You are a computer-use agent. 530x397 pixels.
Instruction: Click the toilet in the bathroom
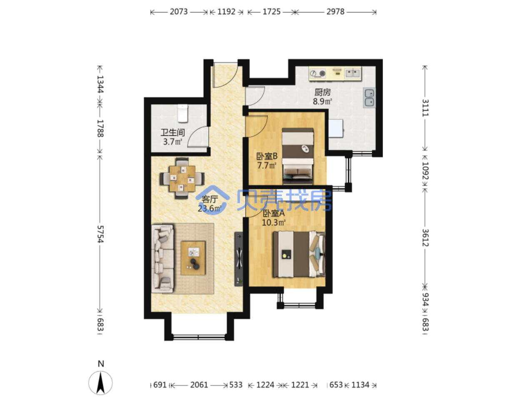coord(182,113)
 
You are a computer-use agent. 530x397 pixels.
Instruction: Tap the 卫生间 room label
coord(172,132)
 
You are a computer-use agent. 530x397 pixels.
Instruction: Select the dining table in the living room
coord(182,179)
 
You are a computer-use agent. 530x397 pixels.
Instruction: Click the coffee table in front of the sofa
coord(192,258)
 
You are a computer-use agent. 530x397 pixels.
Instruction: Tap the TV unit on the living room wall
coord(239,259)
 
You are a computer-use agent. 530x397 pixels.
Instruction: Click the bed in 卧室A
coord(299,254)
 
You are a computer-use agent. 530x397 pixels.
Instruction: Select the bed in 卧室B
coord(298,156)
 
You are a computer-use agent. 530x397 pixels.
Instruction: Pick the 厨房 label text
coord(322,92)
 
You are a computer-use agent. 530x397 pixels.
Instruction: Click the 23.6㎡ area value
coord(209,208)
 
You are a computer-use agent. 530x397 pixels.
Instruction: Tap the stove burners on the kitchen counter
coord(317,73)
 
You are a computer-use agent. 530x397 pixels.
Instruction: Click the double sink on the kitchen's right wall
coord(369,97)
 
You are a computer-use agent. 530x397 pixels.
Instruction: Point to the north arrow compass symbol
coord(100,383)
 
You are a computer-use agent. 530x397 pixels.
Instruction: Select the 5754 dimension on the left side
coord(100,234)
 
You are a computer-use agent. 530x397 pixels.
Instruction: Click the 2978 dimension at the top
coord(335,12)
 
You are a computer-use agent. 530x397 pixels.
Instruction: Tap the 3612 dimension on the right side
coord(425,237)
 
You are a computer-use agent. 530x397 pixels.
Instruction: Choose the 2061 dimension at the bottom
coord(199,385)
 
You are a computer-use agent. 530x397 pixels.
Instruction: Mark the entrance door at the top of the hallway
coord(225,75)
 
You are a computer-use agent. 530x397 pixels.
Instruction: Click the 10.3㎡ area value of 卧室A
coord(274,222)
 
